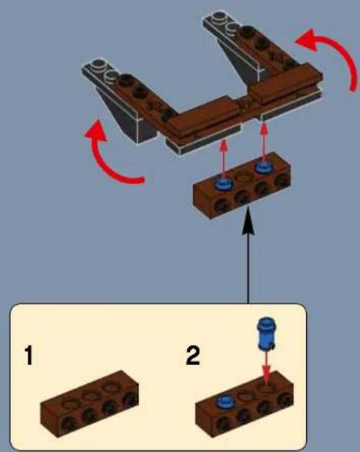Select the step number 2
(x=192, y=357)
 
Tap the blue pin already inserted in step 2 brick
(x=225, y=400)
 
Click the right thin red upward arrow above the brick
(x=264, y=139)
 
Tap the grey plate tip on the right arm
(x=218, y=22)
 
